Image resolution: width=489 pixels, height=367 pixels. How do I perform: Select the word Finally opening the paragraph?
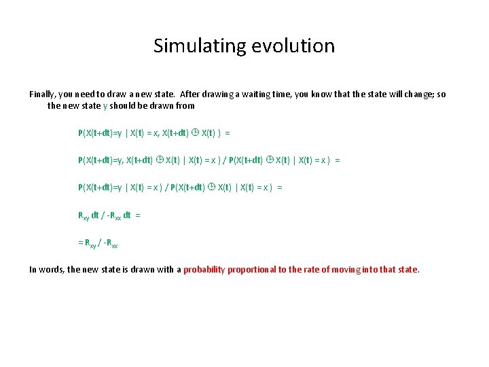pos(43,94)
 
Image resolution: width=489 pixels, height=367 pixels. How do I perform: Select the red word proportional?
pos(252,270)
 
